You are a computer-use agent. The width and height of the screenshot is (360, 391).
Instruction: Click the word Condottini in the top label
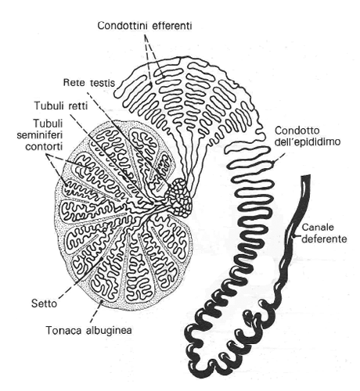126,26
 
